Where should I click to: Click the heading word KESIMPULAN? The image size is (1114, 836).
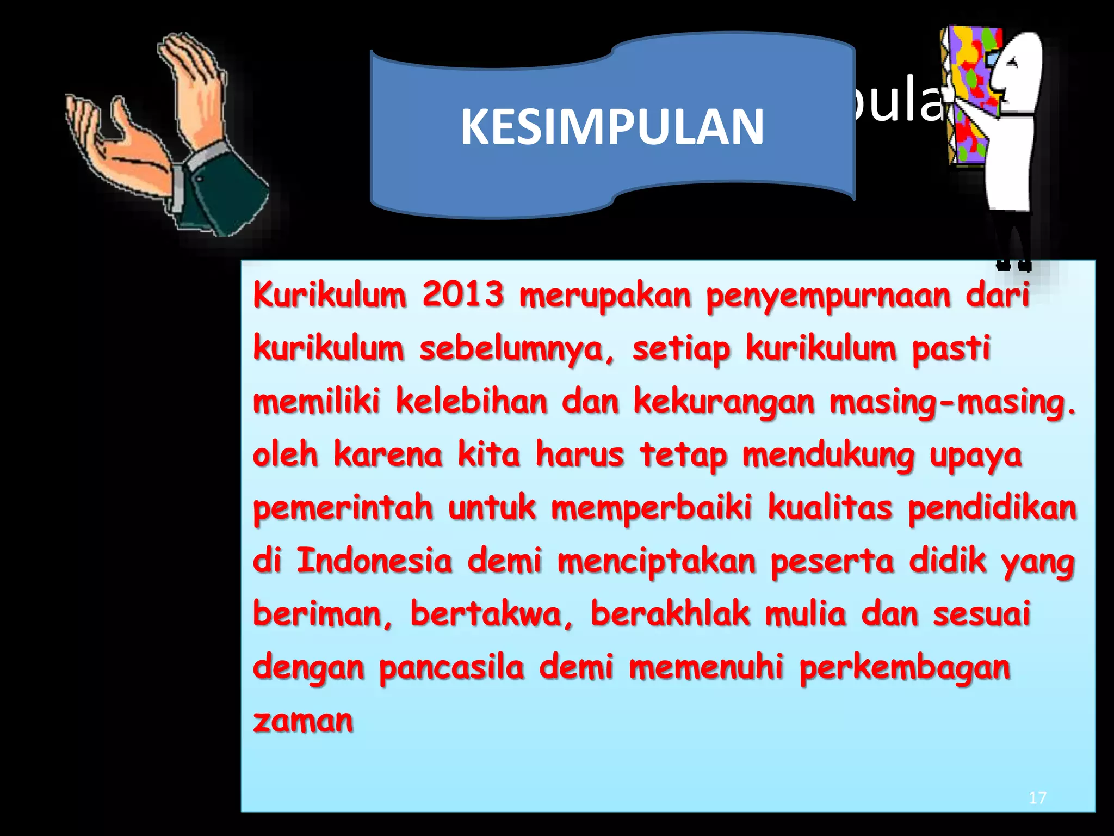point(612,127)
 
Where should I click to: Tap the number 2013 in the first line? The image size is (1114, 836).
point(463,295)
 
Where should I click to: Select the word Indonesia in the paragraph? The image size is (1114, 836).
point(374,561)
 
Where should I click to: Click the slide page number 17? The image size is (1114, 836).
point(1037,798)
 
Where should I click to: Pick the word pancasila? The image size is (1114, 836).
point(451,668)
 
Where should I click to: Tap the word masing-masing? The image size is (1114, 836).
point(952,403)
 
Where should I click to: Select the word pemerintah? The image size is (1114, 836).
point(343,508)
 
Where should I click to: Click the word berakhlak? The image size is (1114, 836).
point(670,614)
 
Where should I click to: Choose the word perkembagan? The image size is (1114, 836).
point(905,668)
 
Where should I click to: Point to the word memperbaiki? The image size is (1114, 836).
point(652,508)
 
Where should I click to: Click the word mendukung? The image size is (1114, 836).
point(828,456)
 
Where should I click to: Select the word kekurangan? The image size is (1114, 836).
point(724,403)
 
